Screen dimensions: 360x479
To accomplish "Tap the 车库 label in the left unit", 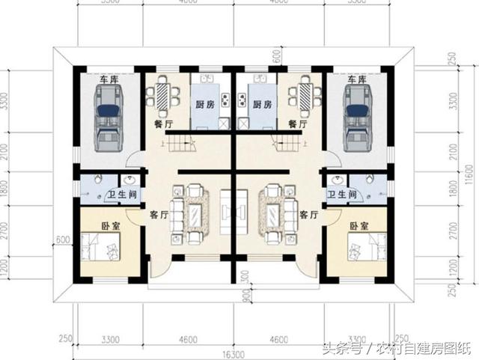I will click(x=109, y=79).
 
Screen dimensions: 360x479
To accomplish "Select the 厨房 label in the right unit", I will click(x=261, y=105).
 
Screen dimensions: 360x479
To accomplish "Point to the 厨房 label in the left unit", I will click(x=206, y=105).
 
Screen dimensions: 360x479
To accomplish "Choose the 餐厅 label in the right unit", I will click(x=299, y=124).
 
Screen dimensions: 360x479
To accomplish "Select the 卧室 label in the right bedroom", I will click(x=359, y=225).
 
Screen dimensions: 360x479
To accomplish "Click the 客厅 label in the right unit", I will click(x=309, y=214).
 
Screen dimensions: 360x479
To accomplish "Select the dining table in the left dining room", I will click(x=162, y=95).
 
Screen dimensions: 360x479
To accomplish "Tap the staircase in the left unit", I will click(x=180, y=144).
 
